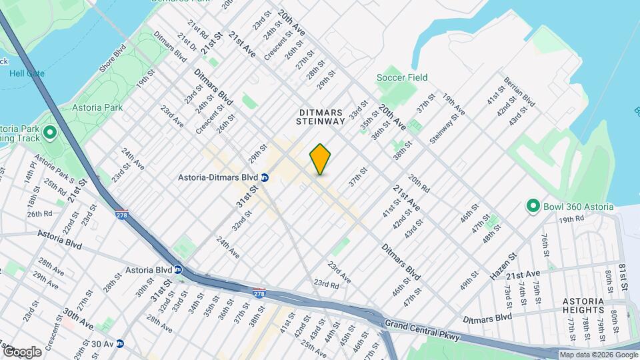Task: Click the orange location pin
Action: [x=320, y=159]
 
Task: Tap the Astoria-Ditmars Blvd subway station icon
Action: [x=265, y=177]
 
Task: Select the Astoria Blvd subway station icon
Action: [x=178, y=270]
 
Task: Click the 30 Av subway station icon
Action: [x=120, y=344]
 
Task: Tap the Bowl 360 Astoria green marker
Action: [x=533, y=206]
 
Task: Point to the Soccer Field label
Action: [x=401, y=78]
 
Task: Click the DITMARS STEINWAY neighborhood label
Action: [x=321, y=117]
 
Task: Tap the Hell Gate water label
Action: [x=27, y=73]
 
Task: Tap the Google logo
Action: [x=22, y=351]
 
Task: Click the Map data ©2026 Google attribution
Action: [x=598, y=355]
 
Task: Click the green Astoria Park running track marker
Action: [x=49, y=134]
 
